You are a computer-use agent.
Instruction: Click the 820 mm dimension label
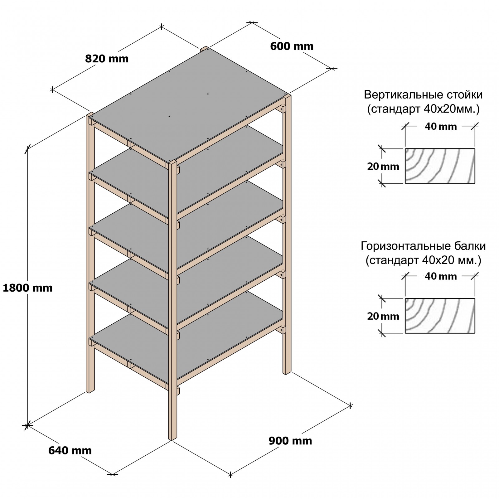[x=107, y=59]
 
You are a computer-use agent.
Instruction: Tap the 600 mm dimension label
[x=292, y=46]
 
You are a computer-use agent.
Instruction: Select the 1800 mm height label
[x=27, y=288]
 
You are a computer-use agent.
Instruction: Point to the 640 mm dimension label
[x=70, y=450]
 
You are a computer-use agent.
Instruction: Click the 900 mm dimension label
[x=290, y=441]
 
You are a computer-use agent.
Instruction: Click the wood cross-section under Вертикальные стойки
[x=440, y=166]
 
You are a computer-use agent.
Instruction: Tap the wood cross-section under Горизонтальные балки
[x=440, y=316]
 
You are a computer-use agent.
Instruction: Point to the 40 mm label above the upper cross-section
[x=440, y=127]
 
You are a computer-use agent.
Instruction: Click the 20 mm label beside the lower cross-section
[x=383, y=316]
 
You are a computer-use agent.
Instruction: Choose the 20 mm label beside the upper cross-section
[x=383, y=167]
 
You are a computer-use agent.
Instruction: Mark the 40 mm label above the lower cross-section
[x=440, y=276]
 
